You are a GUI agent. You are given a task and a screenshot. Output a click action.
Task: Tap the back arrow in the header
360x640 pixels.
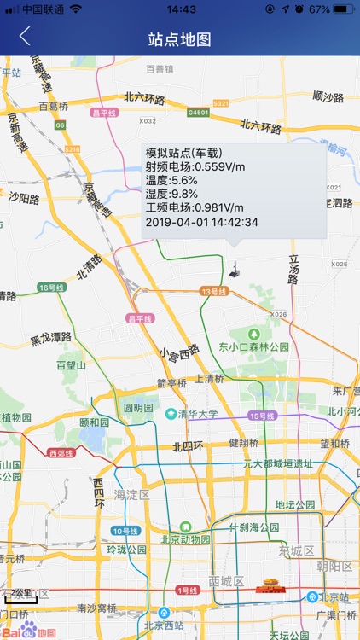click(x=25, y=36)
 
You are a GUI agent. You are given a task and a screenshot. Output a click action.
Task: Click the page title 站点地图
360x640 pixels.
click(x=179, y=39)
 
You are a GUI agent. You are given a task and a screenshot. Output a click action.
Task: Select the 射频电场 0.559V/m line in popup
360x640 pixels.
click(x=195, y=166)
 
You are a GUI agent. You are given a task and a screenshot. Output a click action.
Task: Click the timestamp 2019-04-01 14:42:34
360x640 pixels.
click(x=202, y=222)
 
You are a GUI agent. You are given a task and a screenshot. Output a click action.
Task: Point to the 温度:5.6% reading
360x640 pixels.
click(x=171, y=180)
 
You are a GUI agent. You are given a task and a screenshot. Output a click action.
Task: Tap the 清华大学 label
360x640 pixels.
click(x=198, y=414)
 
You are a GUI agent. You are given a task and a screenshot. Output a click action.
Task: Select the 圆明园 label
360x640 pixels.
click(x=137, y=407)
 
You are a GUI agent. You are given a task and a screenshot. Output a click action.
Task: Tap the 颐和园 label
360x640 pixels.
click(x=94, y=422)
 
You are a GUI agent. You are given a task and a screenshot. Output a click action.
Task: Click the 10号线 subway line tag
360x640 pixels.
click(x=125, y=531)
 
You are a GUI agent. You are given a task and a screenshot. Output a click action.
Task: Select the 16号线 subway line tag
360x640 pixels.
click(x=52, y=288)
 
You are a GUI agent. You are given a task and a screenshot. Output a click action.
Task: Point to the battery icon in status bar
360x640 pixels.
click(x=343, y=9)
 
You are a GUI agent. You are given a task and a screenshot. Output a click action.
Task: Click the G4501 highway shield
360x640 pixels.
click(x=198, y=112)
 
